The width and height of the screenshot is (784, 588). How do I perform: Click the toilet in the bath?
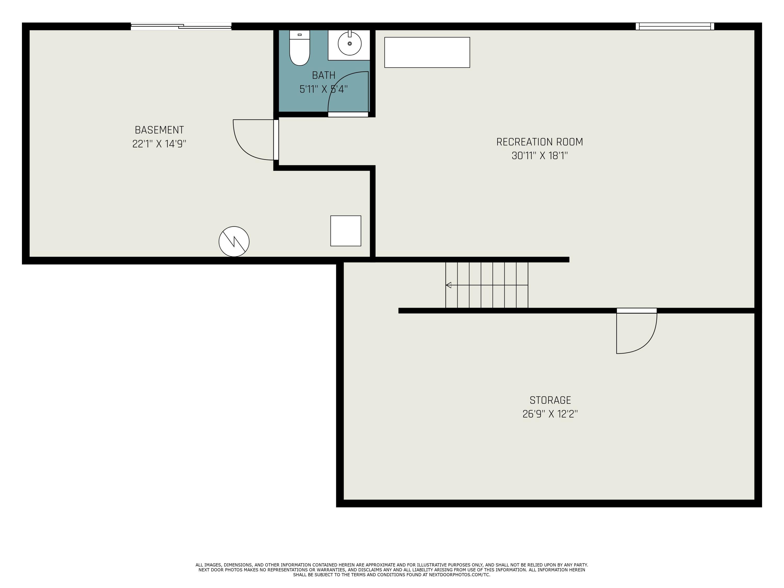click(x=299, y=51)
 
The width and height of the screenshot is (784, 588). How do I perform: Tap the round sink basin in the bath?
click(x=349, y=44)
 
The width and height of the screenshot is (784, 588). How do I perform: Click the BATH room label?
click(x=324, y=75)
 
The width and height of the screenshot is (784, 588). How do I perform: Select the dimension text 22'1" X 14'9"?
click(x=159, y=144)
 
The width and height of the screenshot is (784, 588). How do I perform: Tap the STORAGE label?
click(x=550, y=400)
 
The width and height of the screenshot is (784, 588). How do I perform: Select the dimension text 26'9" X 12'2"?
click(x=550, y=414)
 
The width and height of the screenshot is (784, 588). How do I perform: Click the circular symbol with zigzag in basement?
click(x=234, y=241)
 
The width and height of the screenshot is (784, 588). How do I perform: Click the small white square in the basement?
click(x=345, y=231)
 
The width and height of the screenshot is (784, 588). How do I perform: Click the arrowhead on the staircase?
click(x=448, y=285)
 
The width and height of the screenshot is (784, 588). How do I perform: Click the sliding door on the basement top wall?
click(x=181, y=26)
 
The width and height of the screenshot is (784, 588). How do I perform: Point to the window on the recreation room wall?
click(x=675, y=26)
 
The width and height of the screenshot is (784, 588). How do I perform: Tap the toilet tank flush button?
click(x=299, y=35)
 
